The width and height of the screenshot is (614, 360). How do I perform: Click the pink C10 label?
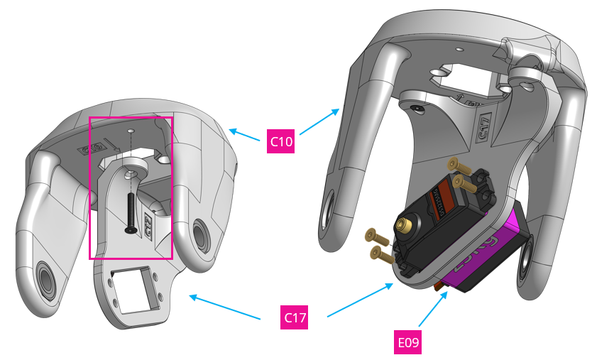coord(281,141)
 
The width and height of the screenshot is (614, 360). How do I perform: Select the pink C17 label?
coord(295,317)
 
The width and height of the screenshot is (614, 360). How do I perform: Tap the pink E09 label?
coord(408,342)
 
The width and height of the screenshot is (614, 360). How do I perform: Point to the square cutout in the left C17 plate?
coord(136,290)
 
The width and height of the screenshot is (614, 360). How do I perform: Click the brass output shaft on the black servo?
coord(406,226)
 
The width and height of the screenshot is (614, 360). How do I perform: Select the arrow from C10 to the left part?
coord(244,135)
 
